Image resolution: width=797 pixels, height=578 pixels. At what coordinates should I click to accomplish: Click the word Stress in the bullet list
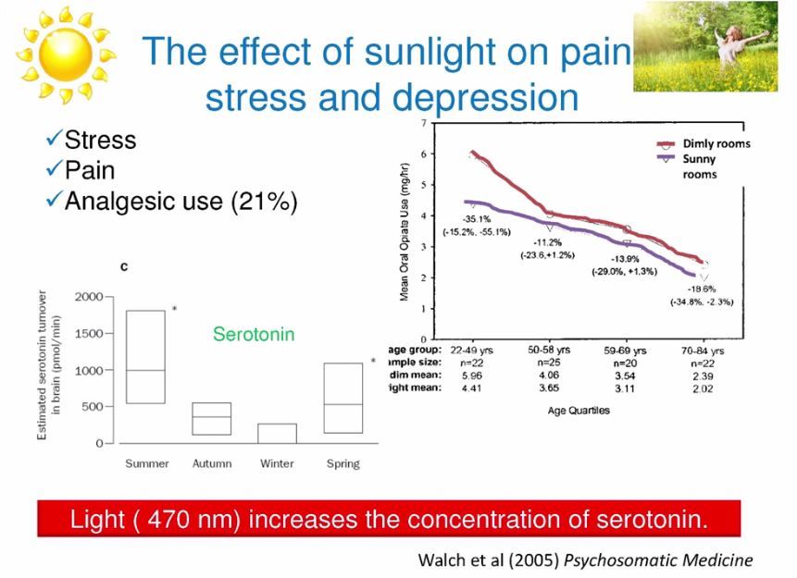point(100,141)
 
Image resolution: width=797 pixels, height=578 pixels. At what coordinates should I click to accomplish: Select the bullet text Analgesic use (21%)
point(181,200)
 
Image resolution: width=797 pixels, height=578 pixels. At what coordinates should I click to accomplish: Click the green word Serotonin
point(254,334)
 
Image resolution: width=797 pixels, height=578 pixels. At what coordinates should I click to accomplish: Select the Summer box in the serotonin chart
point(145,357)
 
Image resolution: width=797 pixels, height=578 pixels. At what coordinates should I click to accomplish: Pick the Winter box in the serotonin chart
point(277,433)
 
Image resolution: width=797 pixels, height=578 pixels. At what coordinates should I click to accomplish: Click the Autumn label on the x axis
point(212,463)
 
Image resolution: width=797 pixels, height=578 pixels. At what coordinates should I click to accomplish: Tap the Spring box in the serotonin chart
point(342,398)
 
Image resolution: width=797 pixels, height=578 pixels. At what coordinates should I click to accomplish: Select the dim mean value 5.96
point(470,376)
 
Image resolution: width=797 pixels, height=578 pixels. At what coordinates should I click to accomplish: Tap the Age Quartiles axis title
point(579,410)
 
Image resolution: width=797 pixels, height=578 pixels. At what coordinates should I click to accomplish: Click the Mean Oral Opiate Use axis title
point(405,231)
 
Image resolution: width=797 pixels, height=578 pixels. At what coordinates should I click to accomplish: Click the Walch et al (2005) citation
point(586,560)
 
